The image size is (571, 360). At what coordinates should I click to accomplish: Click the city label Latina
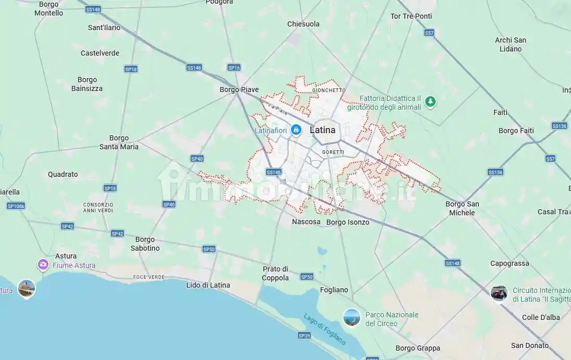pos(323,130)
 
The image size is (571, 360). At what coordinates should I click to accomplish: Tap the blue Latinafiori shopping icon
pos(296,130)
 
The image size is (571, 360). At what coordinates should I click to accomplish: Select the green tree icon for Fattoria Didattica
pos(430,101)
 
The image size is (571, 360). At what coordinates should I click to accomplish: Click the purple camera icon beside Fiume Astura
pos(43,265)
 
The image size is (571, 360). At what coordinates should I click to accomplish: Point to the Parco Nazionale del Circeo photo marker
pos(352,317)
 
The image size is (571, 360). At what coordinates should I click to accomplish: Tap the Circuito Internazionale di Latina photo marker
pos(499,293)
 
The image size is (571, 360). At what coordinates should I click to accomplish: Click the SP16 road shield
pos(234,68)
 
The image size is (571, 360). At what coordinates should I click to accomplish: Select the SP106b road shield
pos(16,206)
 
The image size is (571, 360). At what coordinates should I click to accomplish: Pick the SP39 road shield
pos(304,336)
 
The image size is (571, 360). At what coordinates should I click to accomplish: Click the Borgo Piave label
pos(239,89)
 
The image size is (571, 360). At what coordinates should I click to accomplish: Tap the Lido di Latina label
pos(208,285)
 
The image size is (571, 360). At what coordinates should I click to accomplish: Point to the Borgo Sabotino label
pos(145,244)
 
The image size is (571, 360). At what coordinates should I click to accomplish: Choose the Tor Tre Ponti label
pos(411,16)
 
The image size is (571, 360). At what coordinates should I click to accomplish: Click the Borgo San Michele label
pos(462,208)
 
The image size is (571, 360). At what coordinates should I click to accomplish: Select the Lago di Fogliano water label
pos(325,329)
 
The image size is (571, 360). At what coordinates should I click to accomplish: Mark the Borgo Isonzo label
pos(348,222)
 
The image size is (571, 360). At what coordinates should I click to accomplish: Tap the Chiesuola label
pos(303,24)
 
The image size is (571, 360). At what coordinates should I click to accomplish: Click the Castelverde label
pos(100,53)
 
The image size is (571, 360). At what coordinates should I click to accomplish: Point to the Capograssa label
pos(510,263)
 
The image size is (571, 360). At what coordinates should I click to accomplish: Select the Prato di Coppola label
pos(275,273)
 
